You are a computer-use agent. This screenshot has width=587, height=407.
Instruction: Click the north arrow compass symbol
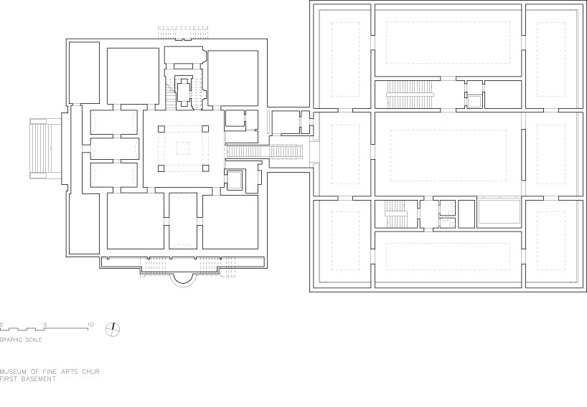[x=113, y=329]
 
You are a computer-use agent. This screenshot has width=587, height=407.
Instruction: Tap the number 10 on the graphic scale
[x=90, y=325]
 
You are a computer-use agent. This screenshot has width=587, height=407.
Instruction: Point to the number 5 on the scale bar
[x=45, y=325]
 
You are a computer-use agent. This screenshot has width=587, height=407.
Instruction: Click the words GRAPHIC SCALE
[x=21, y=339]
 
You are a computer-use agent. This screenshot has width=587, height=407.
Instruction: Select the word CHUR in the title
[x=90, y=372]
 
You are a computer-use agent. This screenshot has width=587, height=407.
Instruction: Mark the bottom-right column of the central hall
[x=205, y=169]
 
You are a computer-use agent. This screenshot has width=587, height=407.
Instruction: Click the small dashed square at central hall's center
[x=183, y=149]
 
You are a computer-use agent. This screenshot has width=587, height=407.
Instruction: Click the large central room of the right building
[x=449, y=154]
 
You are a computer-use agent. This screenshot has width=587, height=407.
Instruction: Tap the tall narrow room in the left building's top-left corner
[x=84, y=72]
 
